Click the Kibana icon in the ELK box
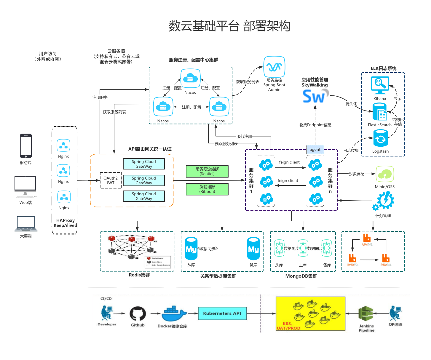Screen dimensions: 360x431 (380, 85)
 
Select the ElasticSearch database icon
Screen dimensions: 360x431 (380, 112)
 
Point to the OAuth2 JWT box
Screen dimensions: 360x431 (111, 180)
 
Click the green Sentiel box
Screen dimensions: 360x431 (207, 172)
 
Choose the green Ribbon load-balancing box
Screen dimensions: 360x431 (207, 189)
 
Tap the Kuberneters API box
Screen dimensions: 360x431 (222, 313)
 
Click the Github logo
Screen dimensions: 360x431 (138, 313)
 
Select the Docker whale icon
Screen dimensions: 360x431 (174, 314)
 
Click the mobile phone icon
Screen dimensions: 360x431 (26, 146)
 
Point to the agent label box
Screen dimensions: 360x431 (315, 150)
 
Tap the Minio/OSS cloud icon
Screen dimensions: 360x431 (385, 174)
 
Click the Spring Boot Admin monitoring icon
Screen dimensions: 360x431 (274, 67)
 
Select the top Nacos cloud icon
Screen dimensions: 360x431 (190, 79)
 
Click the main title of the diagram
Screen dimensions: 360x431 (229, 26)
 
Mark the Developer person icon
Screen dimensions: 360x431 (106, 313)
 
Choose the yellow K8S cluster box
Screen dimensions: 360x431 (310, 314)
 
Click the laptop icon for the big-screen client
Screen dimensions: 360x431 (26, 224)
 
